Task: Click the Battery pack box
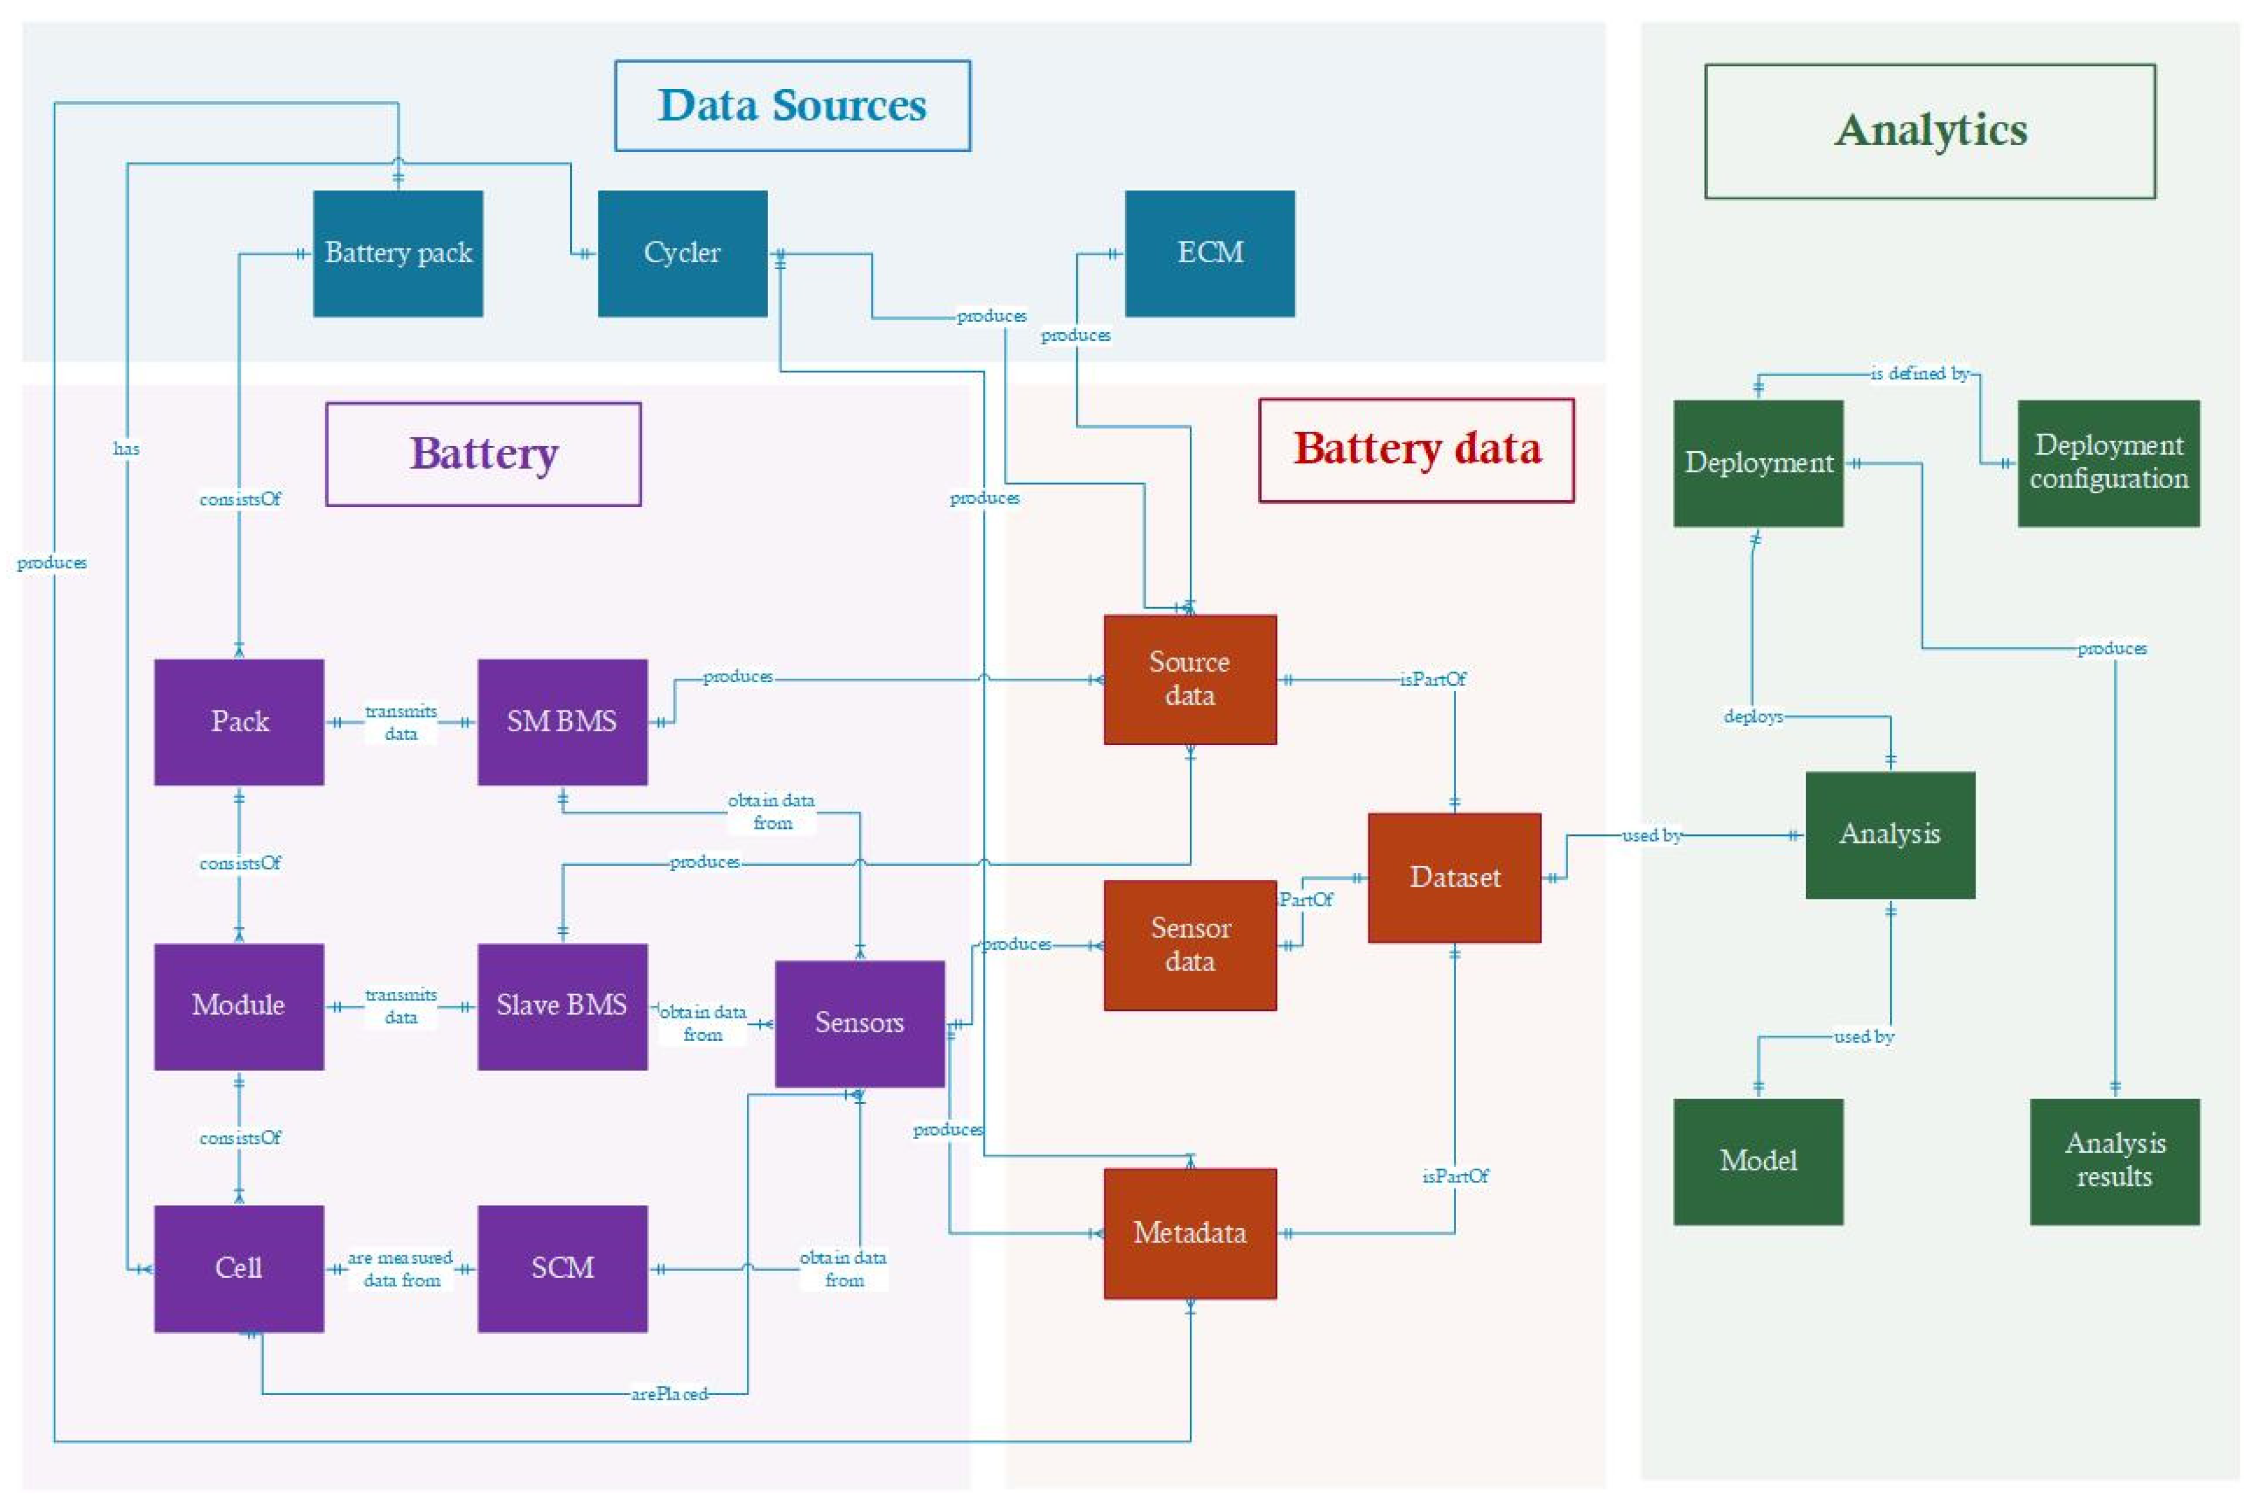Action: click(x=397, y=254)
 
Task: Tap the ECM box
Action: click(x=1209, y=254)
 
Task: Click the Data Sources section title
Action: click(x=791, y=106)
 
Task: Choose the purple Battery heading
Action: click(x=483, y=454)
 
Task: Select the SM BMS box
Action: click(x=561, y=722)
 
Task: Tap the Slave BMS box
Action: click(x=561, y=1006)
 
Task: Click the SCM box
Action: click(x=561, y=1268)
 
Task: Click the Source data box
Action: click(x=1189, y=679)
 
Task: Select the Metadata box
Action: click(x=1189, y=1233)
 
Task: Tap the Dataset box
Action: click(x=1453, y=877)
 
